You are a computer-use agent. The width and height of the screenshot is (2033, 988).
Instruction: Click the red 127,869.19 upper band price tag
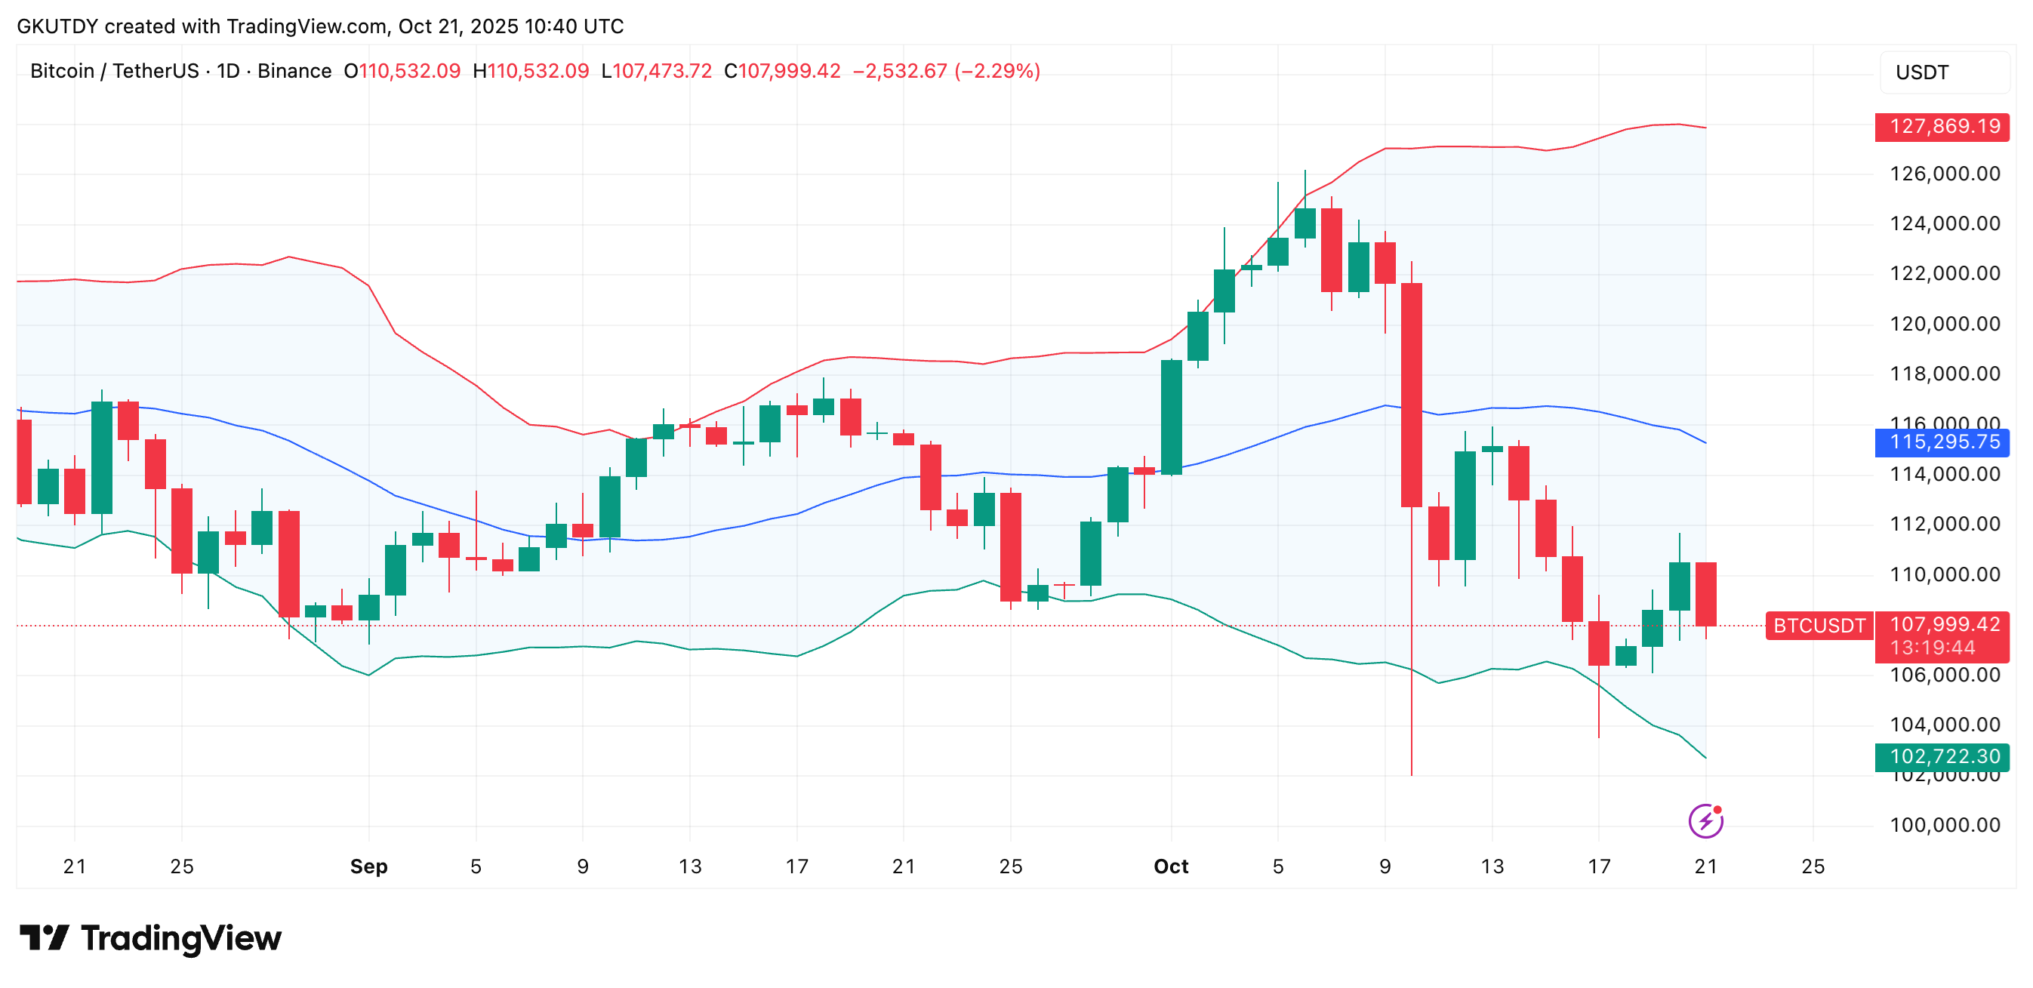(1944, 126)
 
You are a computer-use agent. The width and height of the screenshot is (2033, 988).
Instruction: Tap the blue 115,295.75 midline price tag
(1944, 442)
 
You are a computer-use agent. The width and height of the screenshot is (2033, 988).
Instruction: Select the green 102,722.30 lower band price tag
(1944, 757)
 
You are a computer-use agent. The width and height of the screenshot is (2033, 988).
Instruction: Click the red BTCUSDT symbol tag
(1819, 626)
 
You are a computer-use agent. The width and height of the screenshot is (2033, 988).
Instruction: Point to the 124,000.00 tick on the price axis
(1945, 224)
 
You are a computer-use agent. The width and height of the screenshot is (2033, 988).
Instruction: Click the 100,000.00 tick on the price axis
(1945, 826)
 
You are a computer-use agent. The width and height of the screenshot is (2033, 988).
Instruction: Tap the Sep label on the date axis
(368, 866)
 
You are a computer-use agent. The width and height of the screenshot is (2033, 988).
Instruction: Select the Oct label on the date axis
(1170, 866)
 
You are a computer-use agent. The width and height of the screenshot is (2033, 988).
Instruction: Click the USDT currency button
(1923, 72)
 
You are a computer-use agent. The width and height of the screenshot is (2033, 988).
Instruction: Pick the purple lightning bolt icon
(1705, 821)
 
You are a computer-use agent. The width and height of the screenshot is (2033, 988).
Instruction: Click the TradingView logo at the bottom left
(150, 938)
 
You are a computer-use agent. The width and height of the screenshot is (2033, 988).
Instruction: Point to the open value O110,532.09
(402, 71)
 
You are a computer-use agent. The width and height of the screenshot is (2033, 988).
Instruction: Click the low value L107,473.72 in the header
(657, 71)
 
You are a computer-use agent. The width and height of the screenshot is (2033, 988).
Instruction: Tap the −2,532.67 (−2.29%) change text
(946, 71)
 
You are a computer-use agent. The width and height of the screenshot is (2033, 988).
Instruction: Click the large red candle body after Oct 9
(1411, 395)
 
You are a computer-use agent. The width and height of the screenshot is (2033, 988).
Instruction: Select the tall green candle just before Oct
(1171, 417)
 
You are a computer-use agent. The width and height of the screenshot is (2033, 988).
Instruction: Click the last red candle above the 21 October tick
(1705, 594)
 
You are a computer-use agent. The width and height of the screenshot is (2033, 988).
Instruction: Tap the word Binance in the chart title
(294, 71)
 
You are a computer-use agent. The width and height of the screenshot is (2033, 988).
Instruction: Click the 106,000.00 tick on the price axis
(1945, 675)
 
